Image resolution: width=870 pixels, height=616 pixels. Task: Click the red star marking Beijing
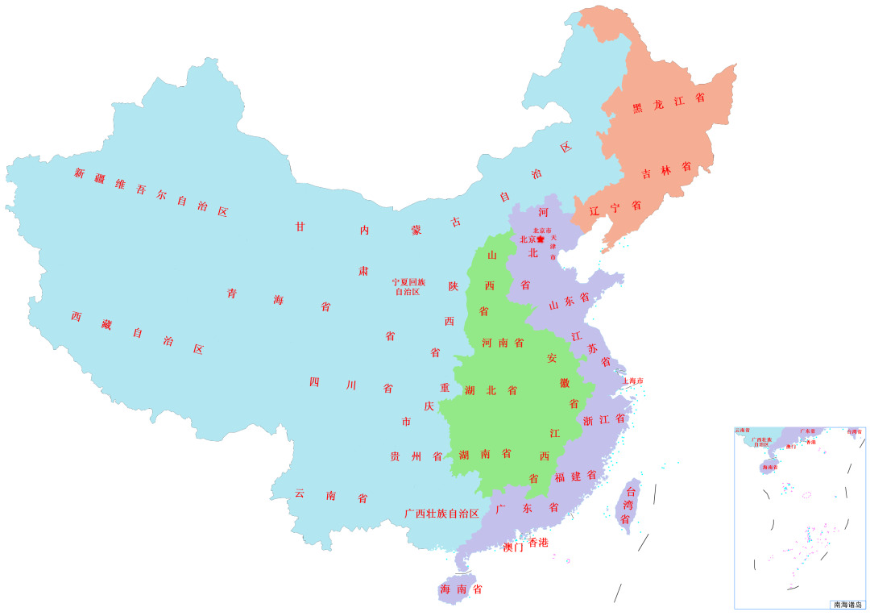coord(541,239)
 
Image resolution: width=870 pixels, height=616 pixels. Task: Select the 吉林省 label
coord(666,170)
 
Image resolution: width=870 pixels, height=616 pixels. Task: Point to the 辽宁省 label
coord(615,208)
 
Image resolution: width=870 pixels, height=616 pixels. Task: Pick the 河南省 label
coord(503,343)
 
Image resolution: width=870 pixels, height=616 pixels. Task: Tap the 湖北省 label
coord(491,390)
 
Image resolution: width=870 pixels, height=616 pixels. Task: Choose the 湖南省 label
coord(485,454)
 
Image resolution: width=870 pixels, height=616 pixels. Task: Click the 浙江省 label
coord(603,420)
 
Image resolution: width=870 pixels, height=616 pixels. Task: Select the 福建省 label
coord(575,476)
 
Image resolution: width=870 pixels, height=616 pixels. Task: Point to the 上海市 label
coord(632,381)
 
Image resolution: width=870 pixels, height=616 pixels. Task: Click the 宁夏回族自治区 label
coord(408,287)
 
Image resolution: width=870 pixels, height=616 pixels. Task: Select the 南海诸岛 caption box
coord(847,604)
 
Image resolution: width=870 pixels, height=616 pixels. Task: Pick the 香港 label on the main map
coord(538,542)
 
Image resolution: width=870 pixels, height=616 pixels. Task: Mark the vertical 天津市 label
coord(553,247)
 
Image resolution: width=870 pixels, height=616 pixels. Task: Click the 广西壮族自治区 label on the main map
coord(441,513)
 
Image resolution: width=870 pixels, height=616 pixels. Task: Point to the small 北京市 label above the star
coord(542,231)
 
